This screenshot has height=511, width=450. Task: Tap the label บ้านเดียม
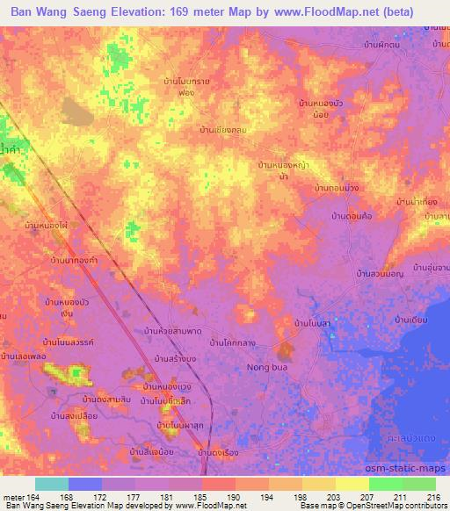coord(410,320)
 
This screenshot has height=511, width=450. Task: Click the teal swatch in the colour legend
coord(52,484)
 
